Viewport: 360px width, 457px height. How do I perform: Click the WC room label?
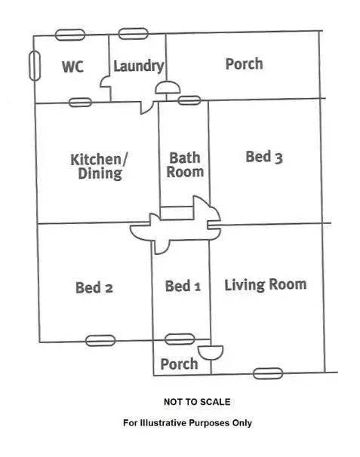(x=72, y=67)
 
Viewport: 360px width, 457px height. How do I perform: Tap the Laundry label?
(x=138, y=66)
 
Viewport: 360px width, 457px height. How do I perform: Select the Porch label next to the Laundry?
(x=244, y=63)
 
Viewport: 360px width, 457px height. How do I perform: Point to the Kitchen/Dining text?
(x=99, y=166)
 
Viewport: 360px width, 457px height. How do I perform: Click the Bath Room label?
(x=185, y=164)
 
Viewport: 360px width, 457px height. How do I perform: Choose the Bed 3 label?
(x=264, y=157)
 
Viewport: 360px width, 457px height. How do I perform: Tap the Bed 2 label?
(x=94, y=287)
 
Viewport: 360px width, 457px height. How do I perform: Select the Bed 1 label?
(x=183, y=287)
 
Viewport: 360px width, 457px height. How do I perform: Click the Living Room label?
(x=265, y=284)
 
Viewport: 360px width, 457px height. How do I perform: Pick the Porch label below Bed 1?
(x=180, y=364)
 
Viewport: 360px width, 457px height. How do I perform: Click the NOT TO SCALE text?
(x=197, y=402)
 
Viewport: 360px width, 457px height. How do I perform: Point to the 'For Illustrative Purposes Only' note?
(x=187, y=423)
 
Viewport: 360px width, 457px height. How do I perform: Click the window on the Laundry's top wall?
(x=133, y=34)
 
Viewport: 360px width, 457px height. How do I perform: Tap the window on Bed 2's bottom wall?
(x=100, y=340)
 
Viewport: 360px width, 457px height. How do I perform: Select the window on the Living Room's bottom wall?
(x=268, y=373)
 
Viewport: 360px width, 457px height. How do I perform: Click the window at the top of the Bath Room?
(x=189, y=100)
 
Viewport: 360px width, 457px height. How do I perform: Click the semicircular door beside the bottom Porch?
(x=211, y=353)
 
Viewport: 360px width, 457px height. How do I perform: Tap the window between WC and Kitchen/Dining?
(x=79, y=102)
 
